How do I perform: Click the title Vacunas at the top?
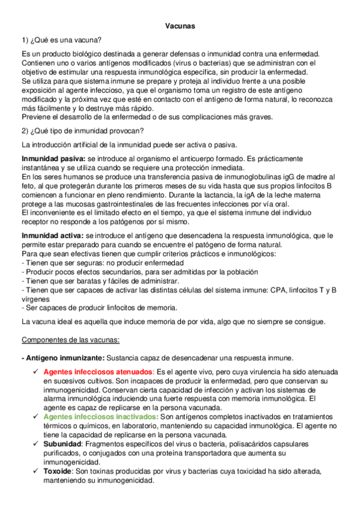180,26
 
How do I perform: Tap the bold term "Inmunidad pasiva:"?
52,158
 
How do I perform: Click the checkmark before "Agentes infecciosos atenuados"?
37,371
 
